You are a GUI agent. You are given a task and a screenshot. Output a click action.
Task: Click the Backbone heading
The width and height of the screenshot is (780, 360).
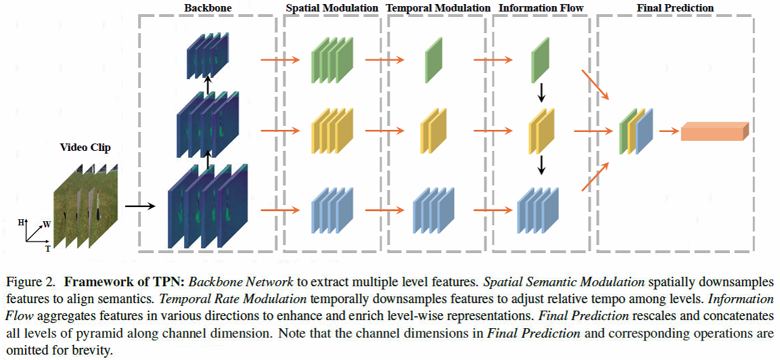coord(207,7)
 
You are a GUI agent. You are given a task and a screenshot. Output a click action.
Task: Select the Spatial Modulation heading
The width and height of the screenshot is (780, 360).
coord(332,7)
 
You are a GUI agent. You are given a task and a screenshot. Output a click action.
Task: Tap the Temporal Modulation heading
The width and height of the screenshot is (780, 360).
coord(438,7)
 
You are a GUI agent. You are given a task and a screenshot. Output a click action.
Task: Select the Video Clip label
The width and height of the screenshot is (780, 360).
coord(85,148)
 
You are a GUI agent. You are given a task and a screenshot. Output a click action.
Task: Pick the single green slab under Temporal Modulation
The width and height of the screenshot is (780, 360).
coord(434,60)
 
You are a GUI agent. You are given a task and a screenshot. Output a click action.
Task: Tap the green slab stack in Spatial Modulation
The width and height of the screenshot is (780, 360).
coord(331,60)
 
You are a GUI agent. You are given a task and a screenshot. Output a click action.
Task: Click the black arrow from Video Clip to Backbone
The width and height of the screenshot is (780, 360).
coord(139,202)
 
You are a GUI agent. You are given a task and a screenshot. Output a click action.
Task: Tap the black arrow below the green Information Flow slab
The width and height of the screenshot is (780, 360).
coord(541,93)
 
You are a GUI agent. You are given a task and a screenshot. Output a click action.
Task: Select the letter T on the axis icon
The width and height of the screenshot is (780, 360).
coord(47,248)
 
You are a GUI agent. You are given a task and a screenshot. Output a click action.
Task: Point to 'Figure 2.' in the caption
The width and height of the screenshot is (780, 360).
coord(27,281)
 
